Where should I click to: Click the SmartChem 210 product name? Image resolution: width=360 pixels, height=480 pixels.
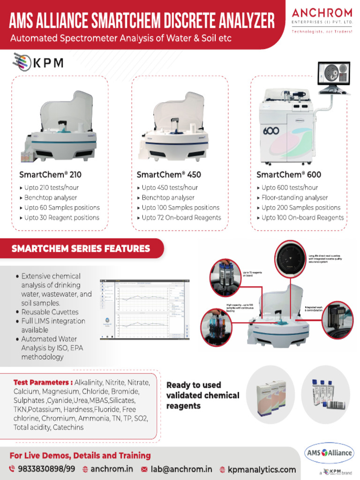click(x=50, y=174)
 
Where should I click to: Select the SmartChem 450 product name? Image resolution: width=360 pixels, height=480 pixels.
click(x=169, y=174)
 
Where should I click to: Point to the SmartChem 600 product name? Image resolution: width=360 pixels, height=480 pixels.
click(x=289, y=174)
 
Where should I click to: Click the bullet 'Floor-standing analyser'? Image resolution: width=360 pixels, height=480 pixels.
click(x=294, y=197)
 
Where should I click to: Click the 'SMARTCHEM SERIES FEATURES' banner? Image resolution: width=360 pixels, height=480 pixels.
click(x=81, y=248)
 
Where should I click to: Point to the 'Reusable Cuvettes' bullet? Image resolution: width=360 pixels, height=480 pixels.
click(x=50, y=312)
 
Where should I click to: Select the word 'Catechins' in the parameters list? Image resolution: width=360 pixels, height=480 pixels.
click(x=68, y=427)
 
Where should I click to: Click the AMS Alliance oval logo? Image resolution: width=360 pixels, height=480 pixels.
click(x=329, y=453)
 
